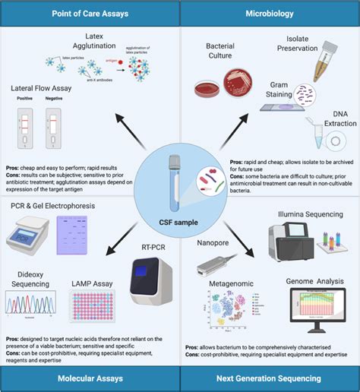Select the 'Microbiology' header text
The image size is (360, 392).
(x=269, y=14)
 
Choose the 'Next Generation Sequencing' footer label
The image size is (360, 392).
(x=270, y=378)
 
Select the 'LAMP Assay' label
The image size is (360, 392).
(x=90, y=284)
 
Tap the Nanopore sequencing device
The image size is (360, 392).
(x=215, y=262)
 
